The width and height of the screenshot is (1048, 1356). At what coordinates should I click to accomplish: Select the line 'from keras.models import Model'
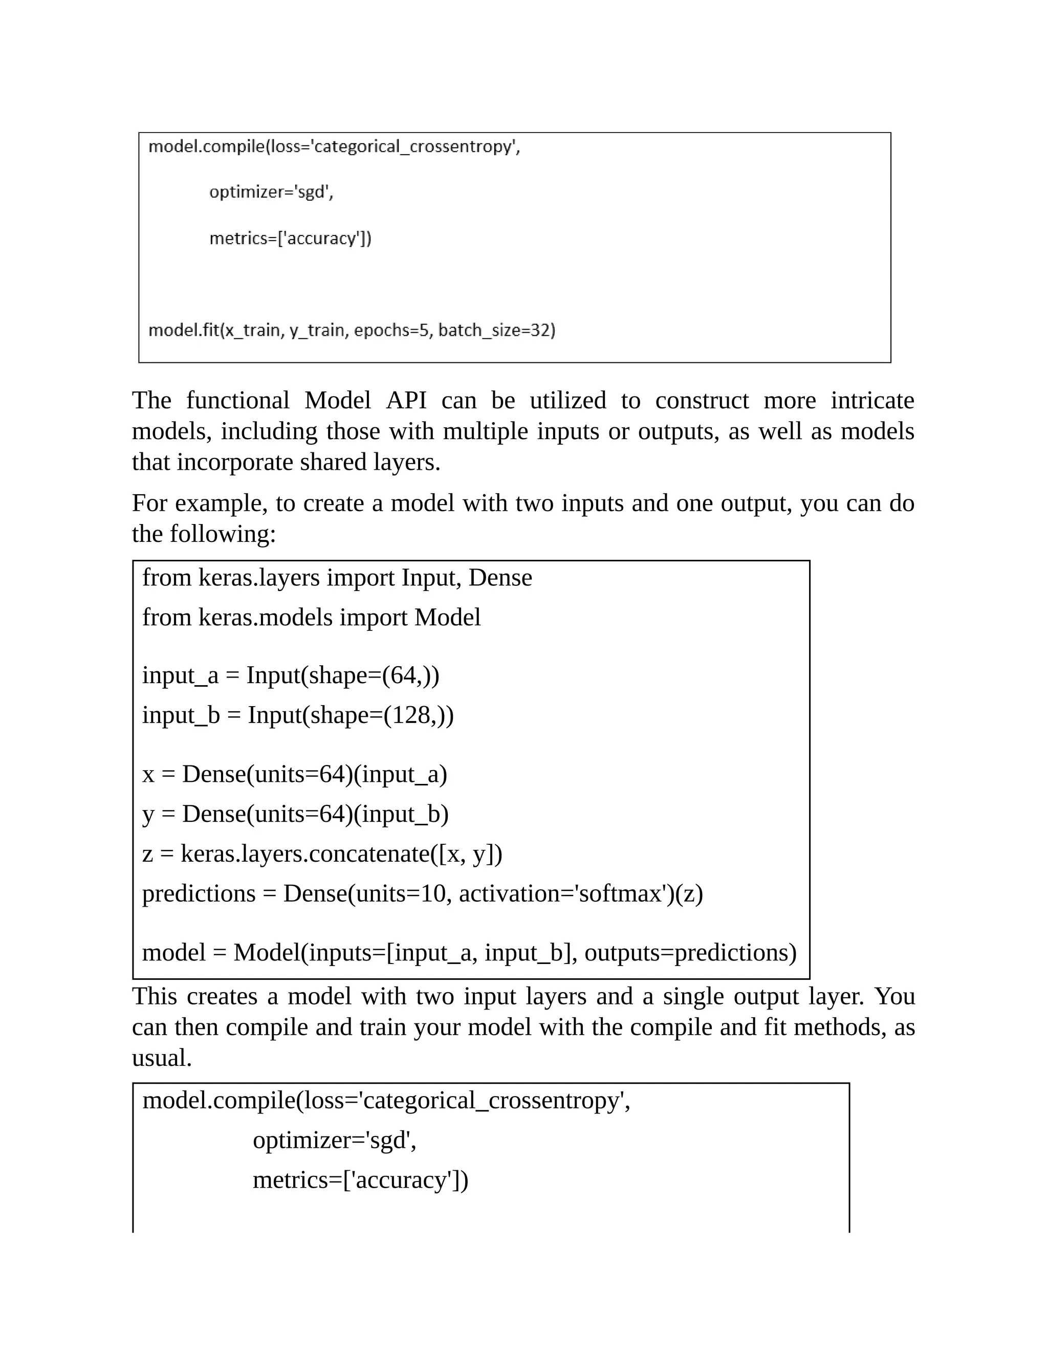click(311, 617)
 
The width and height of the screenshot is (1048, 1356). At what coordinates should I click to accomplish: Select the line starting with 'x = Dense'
click(294, 774)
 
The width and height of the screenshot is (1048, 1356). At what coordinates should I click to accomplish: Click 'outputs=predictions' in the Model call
click(690, 952)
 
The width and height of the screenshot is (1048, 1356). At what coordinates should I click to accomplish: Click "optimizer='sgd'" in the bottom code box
click(334, 1140)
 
